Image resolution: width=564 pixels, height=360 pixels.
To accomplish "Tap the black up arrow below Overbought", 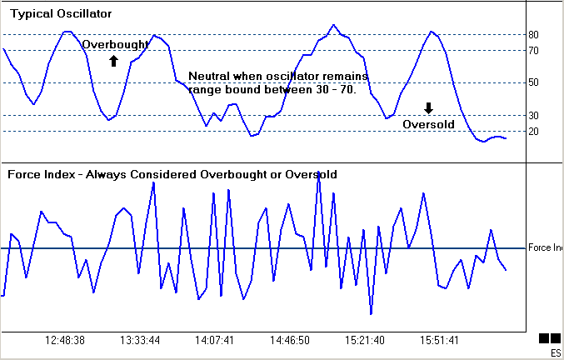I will [114, 60].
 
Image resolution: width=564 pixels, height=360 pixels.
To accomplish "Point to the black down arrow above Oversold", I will [428, 107].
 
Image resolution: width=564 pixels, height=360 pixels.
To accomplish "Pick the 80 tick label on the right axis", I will [534, 35].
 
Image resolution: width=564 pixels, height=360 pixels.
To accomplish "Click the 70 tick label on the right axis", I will [534, 51].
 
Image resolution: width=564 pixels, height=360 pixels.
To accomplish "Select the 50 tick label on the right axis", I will [534, 82].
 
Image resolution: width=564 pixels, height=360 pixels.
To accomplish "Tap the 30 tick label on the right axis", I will [534, 115].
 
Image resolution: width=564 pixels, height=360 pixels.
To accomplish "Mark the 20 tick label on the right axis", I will [534, 131].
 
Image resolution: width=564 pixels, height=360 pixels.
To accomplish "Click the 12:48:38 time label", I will [65, 341].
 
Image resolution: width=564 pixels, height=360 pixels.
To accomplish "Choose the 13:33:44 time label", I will [140, 341].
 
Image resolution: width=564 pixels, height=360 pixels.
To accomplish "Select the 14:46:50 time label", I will [289, 341].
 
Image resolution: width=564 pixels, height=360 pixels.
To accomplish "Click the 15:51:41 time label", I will [438, 341].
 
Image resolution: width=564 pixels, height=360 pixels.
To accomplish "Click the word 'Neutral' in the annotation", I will [209, 75].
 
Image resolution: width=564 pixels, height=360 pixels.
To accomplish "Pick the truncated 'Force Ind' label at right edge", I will [546, 248].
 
